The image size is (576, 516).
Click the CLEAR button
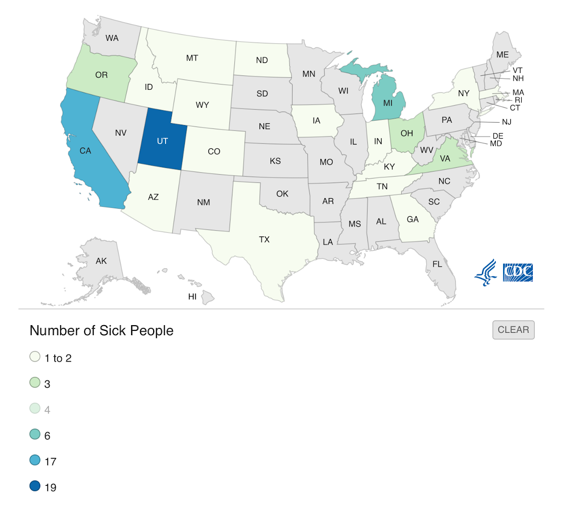[513, 330]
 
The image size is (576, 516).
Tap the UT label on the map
[162, 141]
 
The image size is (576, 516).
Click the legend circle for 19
[35, 486]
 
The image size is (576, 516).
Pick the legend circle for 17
[35, 460]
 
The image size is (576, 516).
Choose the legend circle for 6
[35, 434]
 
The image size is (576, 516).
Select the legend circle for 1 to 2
[35, 357]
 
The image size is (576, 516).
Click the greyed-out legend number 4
[47, 410]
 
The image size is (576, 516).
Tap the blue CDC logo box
[518, 272]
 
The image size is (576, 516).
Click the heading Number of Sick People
[101, 331]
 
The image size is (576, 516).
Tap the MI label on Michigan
[388, 103]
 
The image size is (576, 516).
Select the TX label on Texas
[264, 239]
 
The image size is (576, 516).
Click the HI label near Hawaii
[192, 297]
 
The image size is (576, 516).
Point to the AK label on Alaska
[101, 261]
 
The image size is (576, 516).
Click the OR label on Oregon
[101, 75]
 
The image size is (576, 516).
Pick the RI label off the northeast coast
[518, 100]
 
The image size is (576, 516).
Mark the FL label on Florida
[437, 264]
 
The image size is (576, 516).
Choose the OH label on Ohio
[407, 133]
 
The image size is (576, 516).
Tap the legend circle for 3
[35, 383]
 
